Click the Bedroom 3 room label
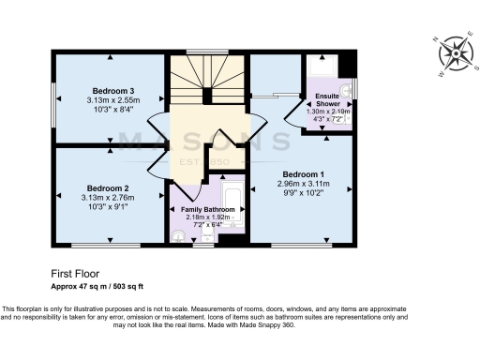(111, 91)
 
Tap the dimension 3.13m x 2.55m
(111, 101)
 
